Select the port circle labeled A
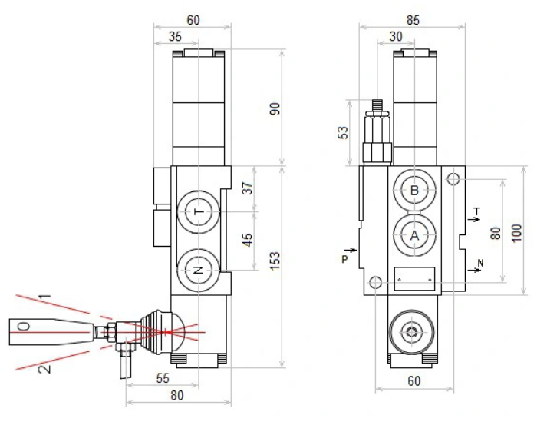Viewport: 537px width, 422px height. [x=415, y=235]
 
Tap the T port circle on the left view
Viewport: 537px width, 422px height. [x=199, y=212]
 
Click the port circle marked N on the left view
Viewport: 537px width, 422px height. [x=199, y=270]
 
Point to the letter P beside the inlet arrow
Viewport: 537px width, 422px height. [x=344, y=259]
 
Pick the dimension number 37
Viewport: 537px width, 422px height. [x=248, y=188]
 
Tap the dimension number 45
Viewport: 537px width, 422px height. [x=248, y=240]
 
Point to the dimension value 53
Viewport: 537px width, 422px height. [x=343, y=132]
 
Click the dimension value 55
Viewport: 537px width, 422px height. [x=162, y=378]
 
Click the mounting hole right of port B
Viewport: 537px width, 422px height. [x=453, y=180]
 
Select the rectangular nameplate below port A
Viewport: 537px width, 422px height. [x=415, y=277]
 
